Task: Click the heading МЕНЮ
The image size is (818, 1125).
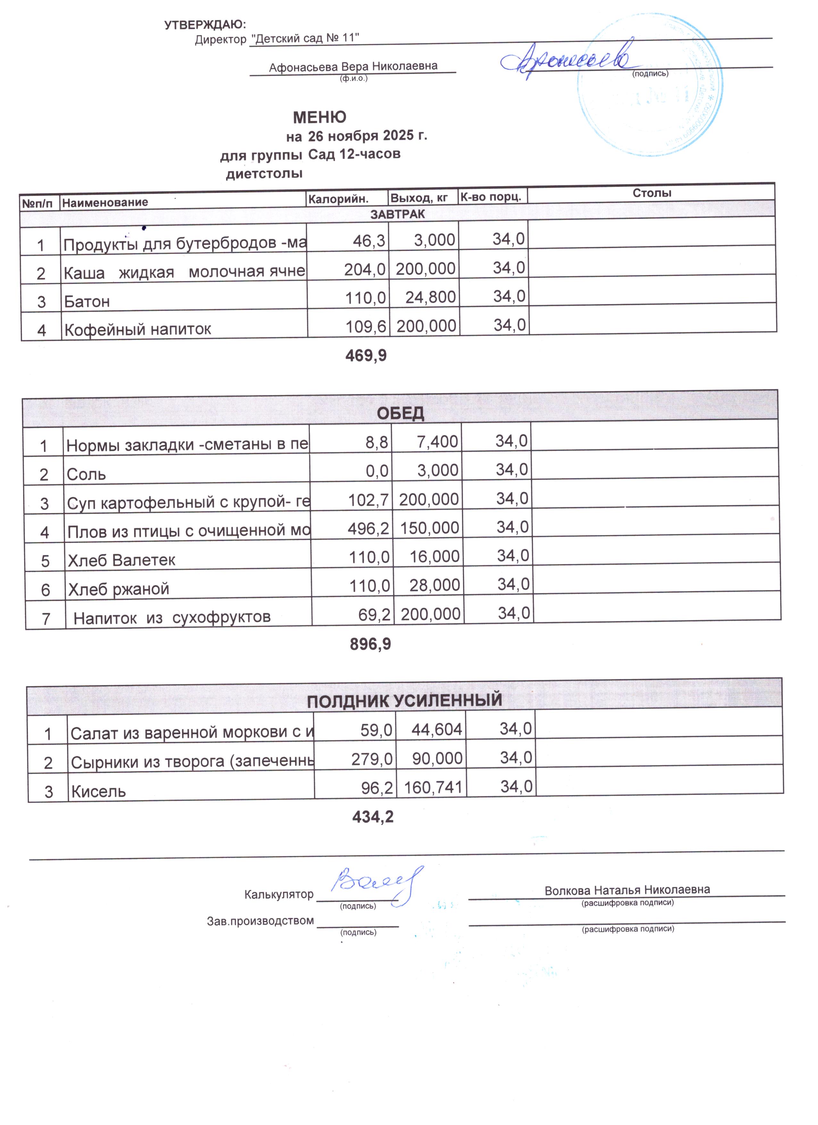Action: tap(320, 118)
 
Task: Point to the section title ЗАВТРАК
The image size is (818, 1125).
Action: tap(397, 214)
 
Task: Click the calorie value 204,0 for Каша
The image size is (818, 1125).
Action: tap(364, 269)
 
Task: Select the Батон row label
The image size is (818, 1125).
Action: tap(87, 301)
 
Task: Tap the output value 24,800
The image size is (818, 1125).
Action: tap(430, 297)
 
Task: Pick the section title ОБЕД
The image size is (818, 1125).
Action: tap(400, 413)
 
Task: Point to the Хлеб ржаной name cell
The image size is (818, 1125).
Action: tap(119, 589)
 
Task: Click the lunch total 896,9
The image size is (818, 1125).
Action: tap(370, 644)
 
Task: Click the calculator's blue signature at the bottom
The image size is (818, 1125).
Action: tap(374, 885)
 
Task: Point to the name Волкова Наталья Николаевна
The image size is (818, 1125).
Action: tap(627, 890)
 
